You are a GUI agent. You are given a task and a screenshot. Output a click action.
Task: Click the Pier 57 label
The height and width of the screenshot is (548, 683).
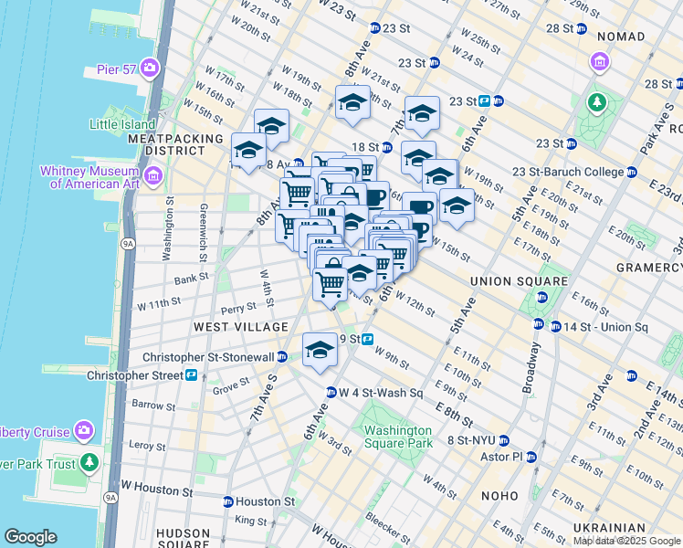coord(116,69)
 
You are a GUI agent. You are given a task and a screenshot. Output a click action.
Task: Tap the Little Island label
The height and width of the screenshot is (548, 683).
coord(122,124)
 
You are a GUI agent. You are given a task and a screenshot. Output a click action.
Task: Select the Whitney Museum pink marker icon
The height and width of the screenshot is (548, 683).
coord(152,174)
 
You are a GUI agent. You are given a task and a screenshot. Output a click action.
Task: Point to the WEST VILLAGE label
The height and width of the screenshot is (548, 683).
coord(227,326)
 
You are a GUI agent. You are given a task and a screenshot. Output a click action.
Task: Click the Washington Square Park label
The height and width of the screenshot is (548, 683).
coord(394,437)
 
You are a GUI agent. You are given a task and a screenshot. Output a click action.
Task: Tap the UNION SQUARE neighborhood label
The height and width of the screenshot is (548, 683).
coord(508,281)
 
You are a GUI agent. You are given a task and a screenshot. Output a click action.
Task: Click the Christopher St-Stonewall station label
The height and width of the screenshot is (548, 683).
coord(208,357)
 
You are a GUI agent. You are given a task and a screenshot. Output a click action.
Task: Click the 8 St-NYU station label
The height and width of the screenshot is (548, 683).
coord(470,440)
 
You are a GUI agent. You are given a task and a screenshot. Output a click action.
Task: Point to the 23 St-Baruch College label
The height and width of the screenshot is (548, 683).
coord(567,172)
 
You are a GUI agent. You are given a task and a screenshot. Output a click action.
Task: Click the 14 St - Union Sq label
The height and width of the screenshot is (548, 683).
coord(604,327)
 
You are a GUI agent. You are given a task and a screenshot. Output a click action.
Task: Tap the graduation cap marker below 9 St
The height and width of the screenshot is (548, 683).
coord(320,352)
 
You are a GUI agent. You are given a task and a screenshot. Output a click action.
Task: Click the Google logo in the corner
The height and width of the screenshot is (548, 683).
coord(30,537)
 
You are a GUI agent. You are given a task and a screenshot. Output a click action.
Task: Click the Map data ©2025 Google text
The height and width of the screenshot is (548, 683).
coord(625,541)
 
